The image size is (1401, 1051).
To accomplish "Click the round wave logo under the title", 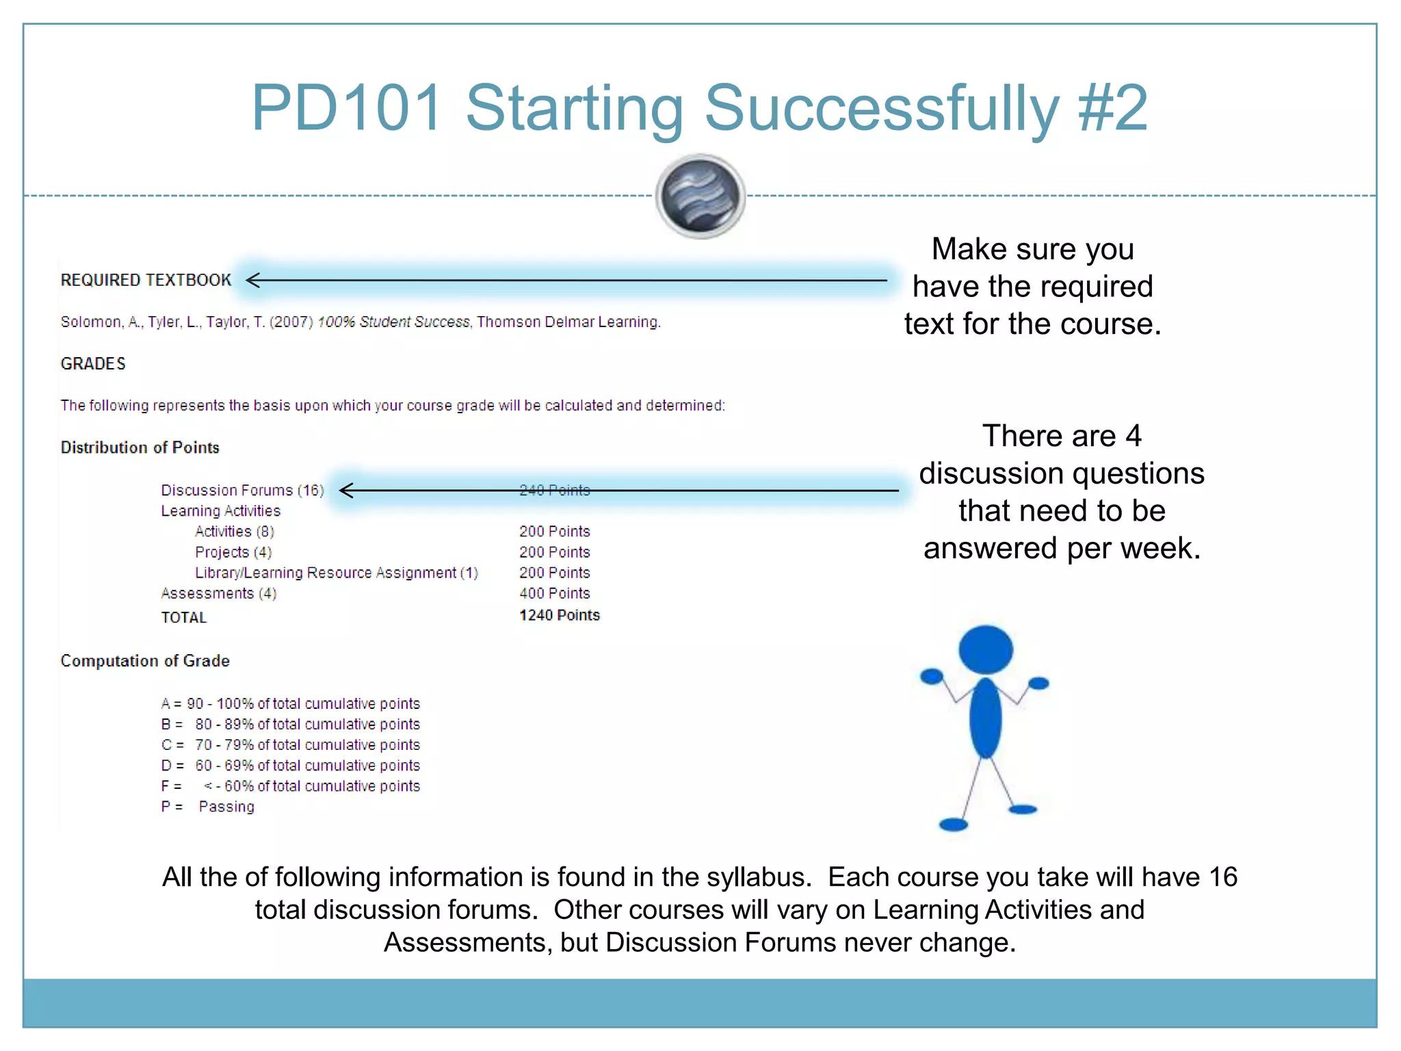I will [x=700, y=196].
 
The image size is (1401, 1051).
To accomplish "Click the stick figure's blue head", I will [x=985, y=649].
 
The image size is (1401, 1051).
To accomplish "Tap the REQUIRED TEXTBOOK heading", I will [x=146, y=280].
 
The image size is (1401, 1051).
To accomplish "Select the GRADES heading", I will [x=93, y=363].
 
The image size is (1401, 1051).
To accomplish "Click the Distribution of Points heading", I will [x=140, y=447].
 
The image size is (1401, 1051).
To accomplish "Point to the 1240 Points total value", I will [x=559, y=615].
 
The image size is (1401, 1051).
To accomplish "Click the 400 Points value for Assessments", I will [x=554, y=593].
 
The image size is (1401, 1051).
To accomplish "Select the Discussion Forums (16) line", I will [x=242, y=490].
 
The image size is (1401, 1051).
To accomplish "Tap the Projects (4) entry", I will [x=233, y=552].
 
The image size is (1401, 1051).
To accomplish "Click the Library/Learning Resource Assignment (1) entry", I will [x=336, y=573].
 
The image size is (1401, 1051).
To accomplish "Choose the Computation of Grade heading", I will [x=145, y=661].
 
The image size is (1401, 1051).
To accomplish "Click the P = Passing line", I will [x=207, y=807].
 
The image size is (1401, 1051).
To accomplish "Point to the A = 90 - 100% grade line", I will [x=290, y=703].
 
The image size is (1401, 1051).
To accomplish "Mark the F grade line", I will [x=290, y=786].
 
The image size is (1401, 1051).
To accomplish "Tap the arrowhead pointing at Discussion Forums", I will [x=345, y=490].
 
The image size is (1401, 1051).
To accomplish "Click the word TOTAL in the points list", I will [x=183, y=617].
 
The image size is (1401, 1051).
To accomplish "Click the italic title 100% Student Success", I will [x=393, y=322].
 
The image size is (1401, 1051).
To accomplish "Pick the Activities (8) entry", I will [x=234, y=532].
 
